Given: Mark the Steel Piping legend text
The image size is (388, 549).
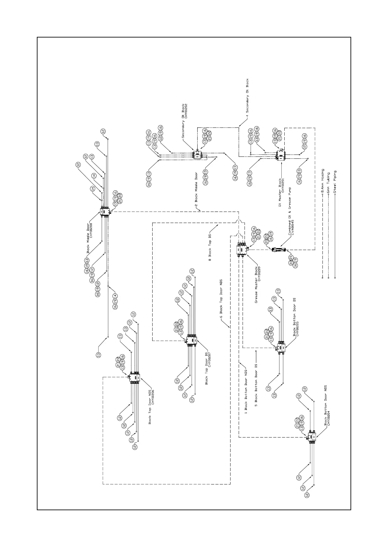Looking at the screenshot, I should [x=335, y=183].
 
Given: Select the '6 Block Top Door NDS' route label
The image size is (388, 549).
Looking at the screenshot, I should [x=221, y=298].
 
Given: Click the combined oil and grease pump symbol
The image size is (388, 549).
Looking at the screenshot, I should [x=278, y=250].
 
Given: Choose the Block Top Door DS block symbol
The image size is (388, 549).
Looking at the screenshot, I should [x=191, y=340].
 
